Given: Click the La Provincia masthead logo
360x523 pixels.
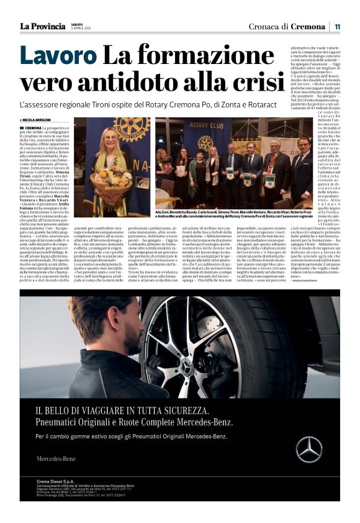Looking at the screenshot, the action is pos(42,26).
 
